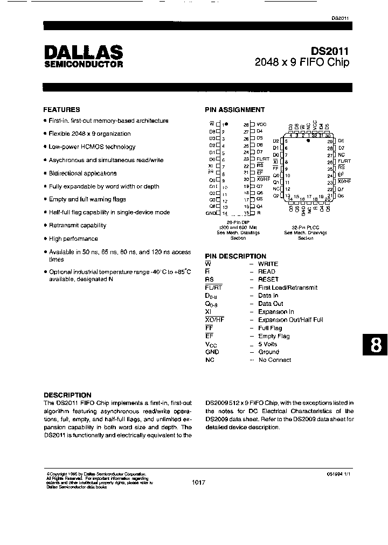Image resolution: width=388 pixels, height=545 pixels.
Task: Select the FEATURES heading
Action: coord(61,109)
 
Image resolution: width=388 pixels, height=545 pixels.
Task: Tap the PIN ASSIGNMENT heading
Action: coord(235,109)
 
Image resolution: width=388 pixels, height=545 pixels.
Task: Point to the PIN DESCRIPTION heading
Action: coord(235,256)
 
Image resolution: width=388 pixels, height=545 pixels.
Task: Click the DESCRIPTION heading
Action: coord(67,395)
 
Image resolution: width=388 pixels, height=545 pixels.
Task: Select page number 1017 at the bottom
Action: coord(198,483)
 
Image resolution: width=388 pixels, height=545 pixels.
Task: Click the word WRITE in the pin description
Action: coord(268,264)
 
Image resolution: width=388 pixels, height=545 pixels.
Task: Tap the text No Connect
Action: coord(274,360)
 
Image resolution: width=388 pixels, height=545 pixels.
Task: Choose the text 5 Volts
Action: coord(267,344)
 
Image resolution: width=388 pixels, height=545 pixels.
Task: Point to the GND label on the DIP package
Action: coord(210,213)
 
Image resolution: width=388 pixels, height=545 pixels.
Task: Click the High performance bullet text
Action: coord(73,239)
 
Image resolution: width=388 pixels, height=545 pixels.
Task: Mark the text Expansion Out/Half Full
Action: coord(290,319)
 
